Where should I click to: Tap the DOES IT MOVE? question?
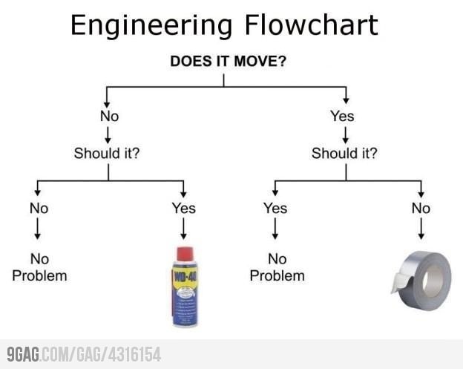[x=228, y=61]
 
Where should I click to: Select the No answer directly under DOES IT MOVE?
[x=109, y=116]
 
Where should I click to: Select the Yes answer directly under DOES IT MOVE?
[x=342, y=116]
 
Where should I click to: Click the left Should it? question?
[x=108, y=154]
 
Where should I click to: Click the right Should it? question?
[x=344, y=154]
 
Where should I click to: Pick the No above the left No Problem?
[x=39, y=209]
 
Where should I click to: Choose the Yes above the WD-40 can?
[x=183, y=209]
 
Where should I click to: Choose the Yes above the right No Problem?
[x=275, y=209]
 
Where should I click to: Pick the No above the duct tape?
[x=421, y=209]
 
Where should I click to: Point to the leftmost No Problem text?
[x=39, y=267]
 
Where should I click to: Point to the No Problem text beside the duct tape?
[x=277, y=267]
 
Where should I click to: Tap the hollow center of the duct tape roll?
[x=433, y=278]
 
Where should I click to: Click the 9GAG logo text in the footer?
[x=24, y=354]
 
